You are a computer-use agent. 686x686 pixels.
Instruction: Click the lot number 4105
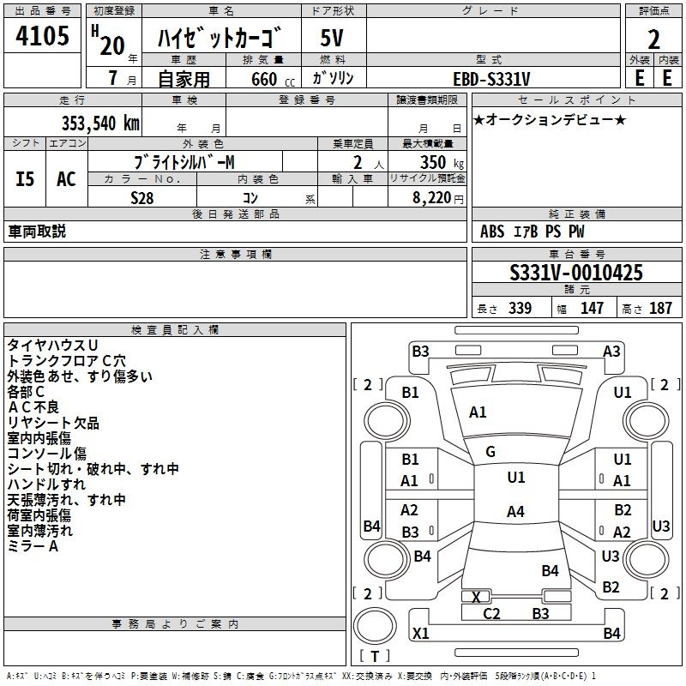click(x=43, y=36)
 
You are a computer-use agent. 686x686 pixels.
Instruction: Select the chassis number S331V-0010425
click(x=576, y=273)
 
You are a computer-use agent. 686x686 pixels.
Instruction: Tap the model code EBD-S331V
click(x=492, y=78)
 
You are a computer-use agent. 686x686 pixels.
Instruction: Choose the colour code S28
click(x=142, y=197)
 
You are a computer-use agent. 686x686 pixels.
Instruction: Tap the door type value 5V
click(x=334, y=39)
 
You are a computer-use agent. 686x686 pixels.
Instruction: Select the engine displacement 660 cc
click(x=263, y=79)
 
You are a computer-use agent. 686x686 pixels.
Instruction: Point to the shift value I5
click(x=25, y=179)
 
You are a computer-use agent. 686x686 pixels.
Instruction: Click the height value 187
click(x=660, y=308)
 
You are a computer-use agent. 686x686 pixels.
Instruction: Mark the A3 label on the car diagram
click(x=611, y=351)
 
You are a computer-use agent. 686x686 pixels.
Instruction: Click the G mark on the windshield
click(x=490, y=451)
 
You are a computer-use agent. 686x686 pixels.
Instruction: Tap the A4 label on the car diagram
click(x=515, y=512)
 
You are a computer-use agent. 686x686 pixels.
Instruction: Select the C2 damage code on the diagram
click(x=491, y=613)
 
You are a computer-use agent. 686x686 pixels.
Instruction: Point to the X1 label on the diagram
click(x=421, y=633)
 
